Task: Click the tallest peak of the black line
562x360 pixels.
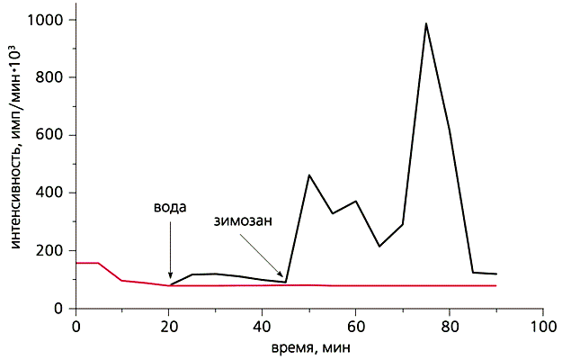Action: point(425,24)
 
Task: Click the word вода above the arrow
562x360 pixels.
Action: point(170,207)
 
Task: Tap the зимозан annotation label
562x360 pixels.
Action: point(243,220)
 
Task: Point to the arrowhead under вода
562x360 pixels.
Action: point(170,282)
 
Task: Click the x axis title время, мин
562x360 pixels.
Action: point(309,346)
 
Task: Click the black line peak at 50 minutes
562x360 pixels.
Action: point(309,175)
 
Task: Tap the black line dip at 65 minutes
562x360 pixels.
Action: point(379,246)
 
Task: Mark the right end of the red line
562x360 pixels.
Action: point(495,285)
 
